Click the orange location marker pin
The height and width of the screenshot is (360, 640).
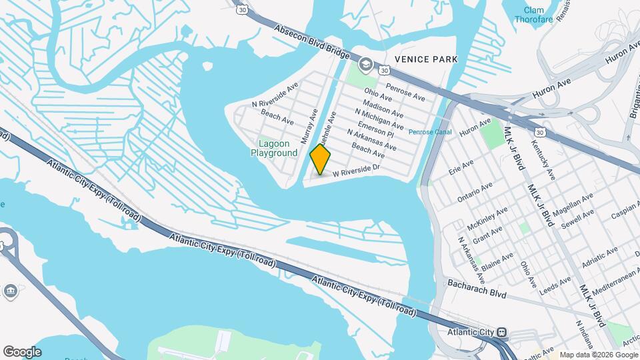pos(321,160)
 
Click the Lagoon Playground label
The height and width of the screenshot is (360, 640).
pos(274,148)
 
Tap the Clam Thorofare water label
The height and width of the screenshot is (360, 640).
pos(534,15)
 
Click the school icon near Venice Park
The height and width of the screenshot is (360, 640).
pos(365,65)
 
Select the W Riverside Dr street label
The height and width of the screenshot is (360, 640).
pos(356,171)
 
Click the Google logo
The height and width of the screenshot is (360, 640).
pos(22,352)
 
